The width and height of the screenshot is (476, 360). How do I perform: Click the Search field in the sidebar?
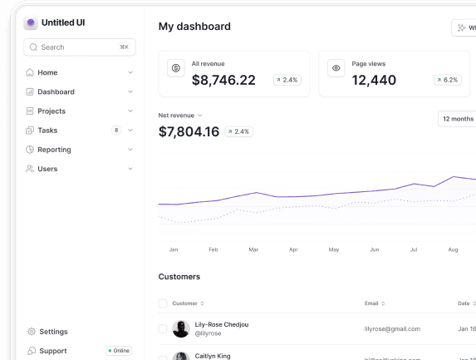(79, 47)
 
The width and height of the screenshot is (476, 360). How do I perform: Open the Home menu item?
(47, 72)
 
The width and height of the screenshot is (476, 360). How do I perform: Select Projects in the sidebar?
(51, 111)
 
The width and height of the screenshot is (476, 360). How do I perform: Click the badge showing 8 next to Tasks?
(116, 131)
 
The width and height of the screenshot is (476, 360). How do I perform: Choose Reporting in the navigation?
(54, 150)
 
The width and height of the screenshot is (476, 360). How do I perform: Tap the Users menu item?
(47, 169)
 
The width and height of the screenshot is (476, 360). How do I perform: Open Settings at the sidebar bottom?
(53, 332)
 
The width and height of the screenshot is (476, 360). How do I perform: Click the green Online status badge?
(119, 351)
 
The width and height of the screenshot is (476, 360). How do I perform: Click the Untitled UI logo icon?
(31, 23)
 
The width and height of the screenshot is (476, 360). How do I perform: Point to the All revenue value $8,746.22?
(223, 80)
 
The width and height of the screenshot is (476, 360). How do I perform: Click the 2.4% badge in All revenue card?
(287, 80)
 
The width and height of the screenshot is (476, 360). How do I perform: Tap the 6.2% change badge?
(447, 80)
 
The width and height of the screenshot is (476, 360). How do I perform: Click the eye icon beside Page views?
(336, 68)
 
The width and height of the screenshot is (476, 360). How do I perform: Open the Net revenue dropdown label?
(180, 116)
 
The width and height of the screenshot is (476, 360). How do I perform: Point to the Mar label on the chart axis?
(253, 249)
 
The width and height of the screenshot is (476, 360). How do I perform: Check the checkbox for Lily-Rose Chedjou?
(163, 329)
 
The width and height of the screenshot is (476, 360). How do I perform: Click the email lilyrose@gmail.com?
(392, 329)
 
